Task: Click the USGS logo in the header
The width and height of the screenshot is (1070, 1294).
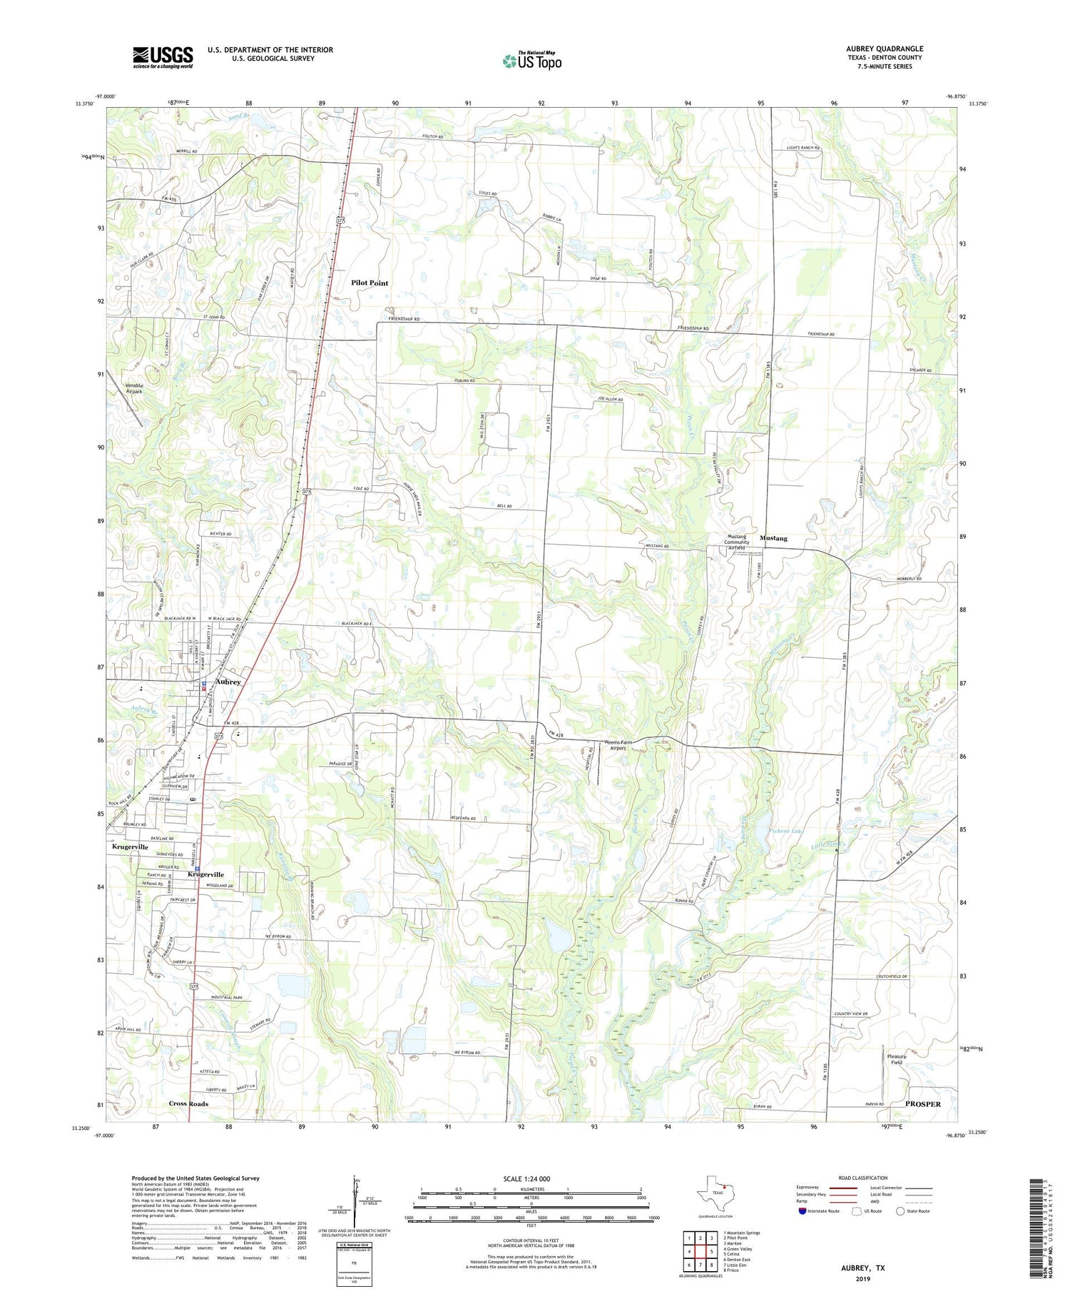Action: click(x=163, y=57)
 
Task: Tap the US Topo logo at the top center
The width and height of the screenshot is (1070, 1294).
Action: click(x=531, y=61)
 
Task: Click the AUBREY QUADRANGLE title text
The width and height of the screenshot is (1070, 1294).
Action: click(x=884, y=49)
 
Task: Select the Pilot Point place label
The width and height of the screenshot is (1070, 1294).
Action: click(x=370, y=283)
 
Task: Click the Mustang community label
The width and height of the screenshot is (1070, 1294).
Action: click(x=773, y=537)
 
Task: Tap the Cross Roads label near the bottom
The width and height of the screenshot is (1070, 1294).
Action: click(x=188, y=1103)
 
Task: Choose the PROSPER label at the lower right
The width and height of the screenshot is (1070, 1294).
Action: click(x=922, y=1103)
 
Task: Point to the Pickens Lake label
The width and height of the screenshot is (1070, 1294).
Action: click(x=787, y=832)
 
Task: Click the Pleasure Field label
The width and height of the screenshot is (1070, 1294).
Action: click(x=897, y=1059)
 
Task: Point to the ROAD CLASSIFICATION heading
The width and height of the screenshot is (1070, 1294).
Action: click(x=863, y=1178)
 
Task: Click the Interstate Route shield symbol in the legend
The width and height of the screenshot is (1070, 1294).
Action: click(x=803, y=1211)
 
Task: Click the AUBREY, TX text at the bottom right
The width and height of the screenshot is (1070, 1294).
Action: click(x=863, y=1268)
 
